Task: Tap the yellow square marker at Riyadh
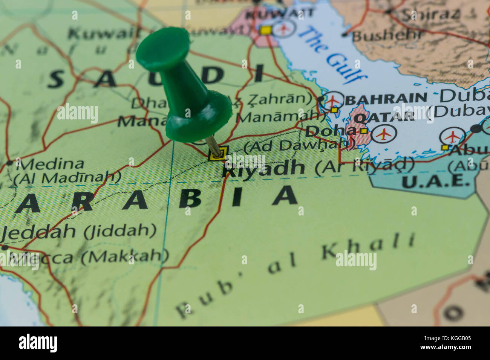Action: coord(218,153)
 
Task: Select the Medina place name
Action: coord(52,164)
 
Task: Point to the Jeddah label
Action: coord(40,231)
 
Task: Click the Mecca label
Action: coord(41,258)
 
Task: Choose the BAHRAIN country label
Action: coord(386,99)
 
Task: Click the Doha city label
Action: coord(330,131)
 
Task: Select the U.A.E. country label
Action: coord(435,181)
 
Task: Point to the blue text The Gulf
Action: coord(332,55)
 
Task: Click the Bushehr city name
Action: coord(387,36)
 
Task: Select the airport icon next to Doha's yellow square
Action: coord(384,134)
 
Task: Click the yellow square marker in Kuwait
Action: coord(265,30)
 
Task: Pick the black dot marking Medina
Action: coord(9,163)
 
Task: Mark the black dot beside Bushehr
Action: coord(344,35)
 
